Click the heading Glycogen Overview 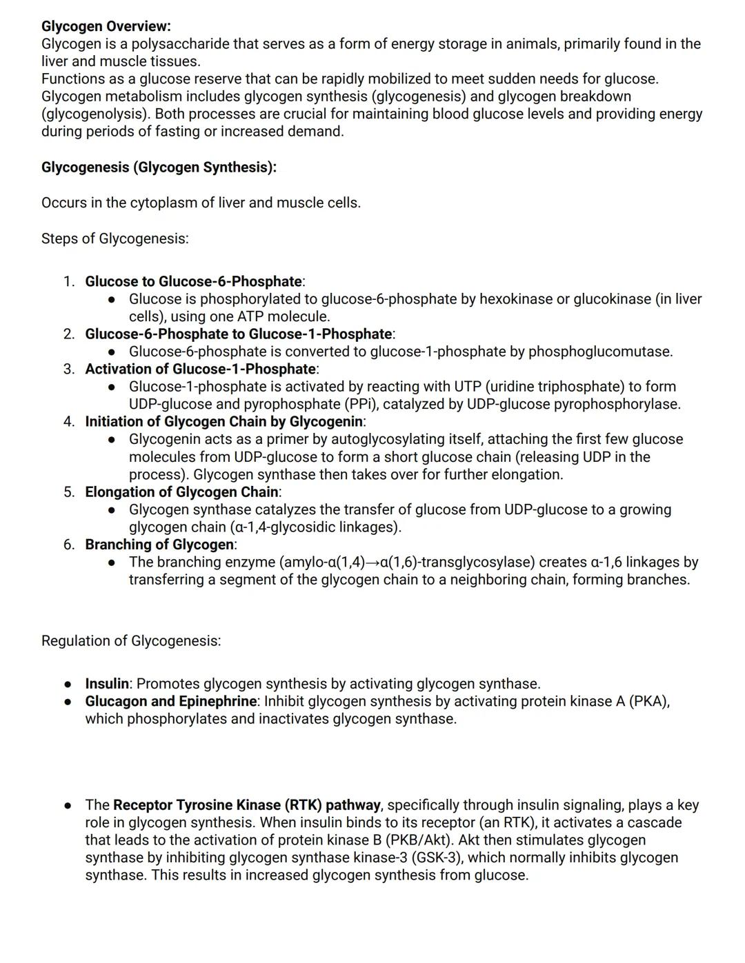coord(106,26)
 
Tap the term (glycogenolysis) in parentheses coord(96,114)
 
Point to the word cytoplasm coord(163,203)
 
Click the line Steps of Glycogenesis coord(115,239)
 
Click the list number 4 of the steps coord(69,421)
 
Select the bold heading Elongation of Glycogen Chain coord(181,492)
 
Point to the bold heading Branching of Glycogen coord(159,545)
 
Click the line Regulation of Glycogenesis coord(131,640)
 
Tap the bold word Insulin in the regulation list coord(107,684)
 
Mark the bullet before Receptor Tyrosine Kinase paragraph coord(68,805)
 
